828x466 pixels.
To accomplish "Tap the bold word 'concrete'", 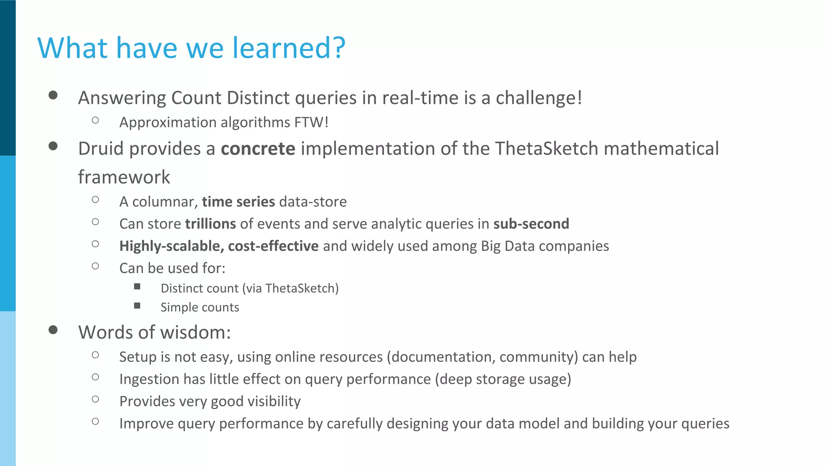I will point(258,148).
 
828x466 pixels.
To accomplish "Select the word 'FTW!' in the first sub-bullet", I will point(311,122).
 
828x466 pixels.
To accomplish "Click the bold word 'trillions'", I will point(211,224).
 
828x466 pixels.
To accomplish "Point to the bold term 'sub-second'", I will point(531,224).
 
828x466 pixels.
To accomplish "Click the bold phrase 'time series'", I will point(238,201).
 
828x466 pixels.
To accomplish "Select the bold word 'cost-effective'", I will point(273,246).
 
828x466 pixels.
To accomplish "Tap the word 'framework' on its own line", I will point(124,177).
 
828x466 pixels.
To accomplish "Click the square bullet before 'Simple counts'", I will point(137,306).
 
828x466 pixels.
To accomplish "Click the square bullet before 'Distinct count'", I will point(137,287).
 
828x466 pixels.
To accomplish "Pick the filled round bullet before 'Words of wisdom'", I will point(53,330).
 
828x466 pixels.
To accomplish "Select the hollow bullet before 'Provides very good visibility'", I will point(95,399).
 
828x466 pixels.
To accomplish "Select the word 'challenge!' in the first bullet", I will point(539,98).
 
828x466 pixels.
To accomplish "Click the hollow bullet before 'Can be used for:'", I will point(95,266).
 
